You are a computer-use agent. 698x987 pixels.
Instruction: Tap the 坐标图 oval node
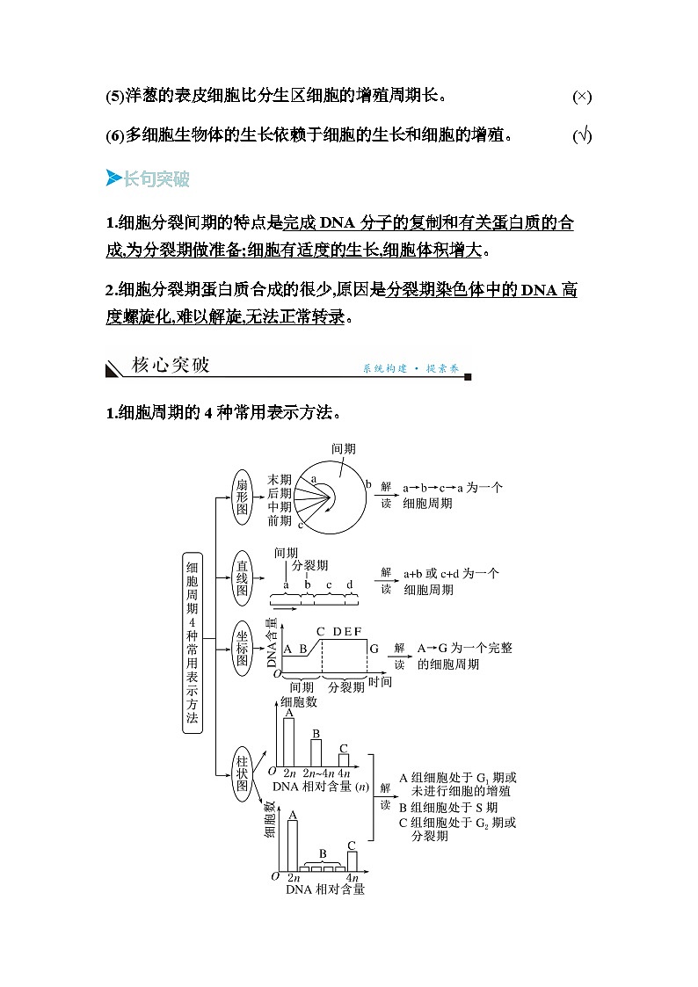coord(243,648)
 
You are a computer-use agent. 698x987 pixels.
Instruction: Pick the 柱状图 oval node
coord(243,771)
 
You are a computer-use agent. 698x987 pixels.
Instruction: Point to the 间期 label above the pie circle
coord(344,448)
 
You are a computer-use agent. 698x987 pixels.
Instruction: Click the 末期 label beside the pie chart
coord(280,479)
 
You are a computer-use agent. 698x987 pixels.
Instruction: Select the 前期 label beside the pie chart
coord(280,520)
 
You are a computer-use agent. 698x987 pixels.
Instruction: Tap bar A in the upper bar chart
coord(288,743)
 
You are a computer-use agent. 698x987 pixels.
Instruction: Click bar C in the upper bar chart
coord(344,759)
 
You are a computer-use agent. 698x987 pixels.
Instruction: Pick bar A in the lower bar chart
coord(293,845)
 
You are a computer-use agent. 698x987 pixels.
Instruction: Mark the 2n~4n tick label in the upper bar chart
coord(317,773)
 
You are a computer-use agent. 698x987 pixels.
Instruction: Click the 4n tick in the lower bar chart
coord(352,878)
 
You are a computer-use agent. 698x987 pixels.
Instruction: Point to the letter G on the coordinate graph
coord(374,649)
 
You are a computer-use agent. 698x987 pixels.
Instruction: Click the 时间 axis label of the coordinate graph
coord(380,682)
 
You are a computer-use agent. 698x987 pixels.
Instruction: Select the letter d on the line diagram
coord(350,584)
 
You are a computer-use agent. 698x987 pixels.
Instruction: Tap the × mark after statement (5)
coord(581,96)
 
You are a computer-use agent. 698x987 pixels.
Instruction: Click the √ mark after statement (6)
coord(581,135)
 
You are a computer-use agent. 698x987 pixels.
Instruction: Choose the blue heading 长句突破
coord(156,179)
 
